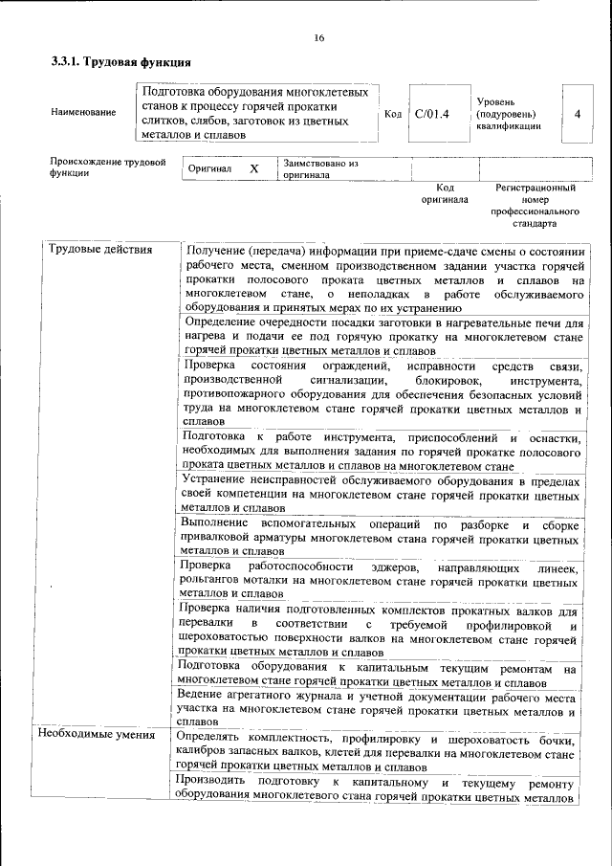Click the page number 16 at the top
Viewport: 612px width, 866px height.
pyautogui.click(x=319, y=38)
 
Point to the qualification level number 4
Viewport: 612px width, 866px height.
pyautogui.click(x=577, y=114)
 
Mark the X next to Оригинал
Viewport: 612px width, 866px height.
pyautogui.click(x=254, y=168)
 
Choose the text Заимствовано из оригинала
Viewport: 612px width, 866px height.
pyautogui.click(x=319, y=168)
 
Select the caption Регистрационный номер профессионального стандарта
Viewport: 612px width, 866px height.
pyautogui.click(x=534, y=206)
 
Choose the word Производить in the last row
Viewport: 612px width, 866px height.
pyautogui.click(x=219, y=784)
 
